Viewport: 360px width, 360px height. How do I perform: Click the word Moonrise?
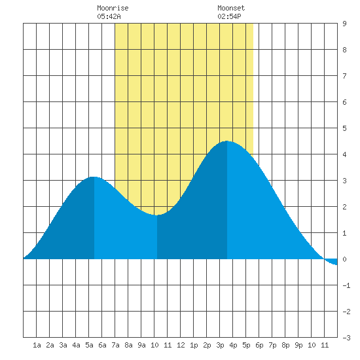(x=113, y=8)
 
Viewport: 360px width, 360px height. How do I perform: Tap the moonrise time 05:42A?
(x=109, y=16)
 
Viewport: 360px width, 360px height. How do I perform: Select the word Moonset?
(x=231, y=8)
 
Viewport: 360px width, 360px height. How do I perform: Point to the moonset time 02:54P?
(x=229, y=16)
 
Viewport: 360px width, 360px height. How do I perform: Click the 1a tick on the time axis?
(x=37, y=345)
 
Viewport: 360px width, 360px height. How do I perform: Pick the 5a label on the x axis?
(x=89, y=345)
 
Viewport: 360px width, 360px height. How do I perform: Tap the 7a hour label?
(x=115, y=345)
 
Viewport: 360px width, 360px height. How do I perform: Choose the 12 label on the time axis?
(x=181, y=345)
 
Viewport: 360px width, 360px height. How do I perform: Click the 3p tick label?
(x=220, y=345)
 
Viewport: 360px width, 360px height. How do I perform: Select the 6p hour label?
(x=259, y=345)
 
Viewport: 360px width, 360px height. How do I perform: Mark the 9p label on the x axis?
(x=298, y=345)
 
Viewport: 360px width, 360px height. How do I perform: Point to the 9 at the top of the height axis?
(x=344, y=24)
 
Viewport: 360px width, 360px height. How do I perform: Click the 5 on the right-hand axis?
(x=344, y=128)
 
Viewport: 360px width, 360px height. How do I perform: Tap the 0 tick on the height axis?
(x=344, y=259)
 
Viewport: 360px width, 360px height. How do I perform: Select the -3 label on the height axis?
(x=346, y=338)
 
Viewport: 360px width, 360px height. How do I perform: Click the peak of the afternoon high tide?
(x=227, y=141)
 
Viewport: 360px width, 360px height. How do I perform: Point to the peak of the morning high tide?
(x=94, y=177)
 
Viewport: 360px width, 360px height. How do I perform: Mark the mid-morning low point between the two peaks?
(x=157, y=215)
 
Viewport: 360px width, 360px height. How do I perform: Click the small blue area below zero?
(x=332, y=262)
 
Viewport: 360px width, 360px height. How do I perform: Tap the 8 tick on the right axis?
(x=344, y=50)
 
